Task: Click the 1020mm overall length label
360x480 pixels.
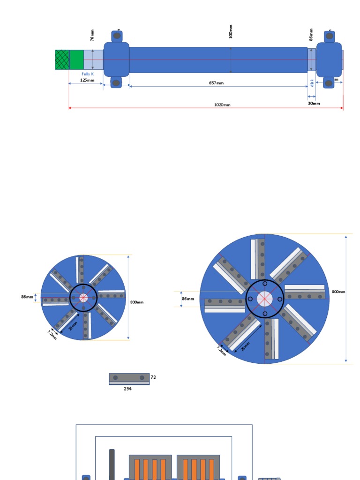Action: pyautogui.click(x=222, y=105)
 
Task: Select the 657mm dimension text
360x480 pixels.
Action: pyautogui.click(x=216, y=83)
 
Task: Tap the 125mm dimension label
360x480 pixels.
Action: pyautogui.click(x=87, y=80)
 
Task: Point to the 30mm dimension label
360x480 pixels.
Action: pyautogui.click(x=314, y=103)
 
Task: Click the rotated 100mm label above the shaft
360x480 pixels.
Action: pyautogui.click(x=231, y=32)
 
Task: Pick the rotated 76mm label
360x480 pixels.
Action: pyautogui.click(x=92, y=36)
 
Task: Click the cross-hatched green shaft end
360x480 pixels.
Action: pyautogui.click(x=62, y=60)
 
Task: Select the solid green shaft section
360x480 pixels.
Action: pyautogui.click(x=76, y=60)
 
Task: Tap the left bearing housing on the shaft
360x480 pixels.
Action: pyautogui.click(x=116, y=59)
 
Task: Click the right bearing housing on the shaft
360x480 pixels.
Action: pyautogui.click(x=329, y=59)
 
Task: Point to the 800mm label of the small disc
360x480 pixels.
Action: pyautogui.click(x=137, y=302)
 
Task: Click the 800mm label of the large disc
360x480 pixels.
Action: pyautogui.click(x=338, y=292)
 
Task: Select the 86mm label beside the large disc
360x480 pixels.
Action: pyautogui.click(x=187, y=299)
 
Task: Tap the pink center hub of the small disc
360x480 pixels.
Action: pyautogui.click(x=83, y=298)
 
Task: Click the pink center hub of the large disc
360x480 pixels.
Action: pyautogui.click(x=265, y=299)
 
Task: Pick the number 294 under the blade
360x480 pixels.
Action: pyautogui.click(x=127, y=389)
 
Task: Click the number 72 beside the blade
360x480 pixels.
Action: pyautogui.click(x=153, y=377)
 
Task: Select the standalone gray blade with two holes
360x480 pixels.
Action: pyautogui.click(x=129, y=378)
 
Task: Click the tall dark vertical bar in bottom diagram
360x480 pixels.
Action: pyautogui.click(x=112, y=464)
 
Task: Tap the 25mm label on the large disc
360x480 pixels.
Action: pyautogui.click(x=245, y=346)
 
